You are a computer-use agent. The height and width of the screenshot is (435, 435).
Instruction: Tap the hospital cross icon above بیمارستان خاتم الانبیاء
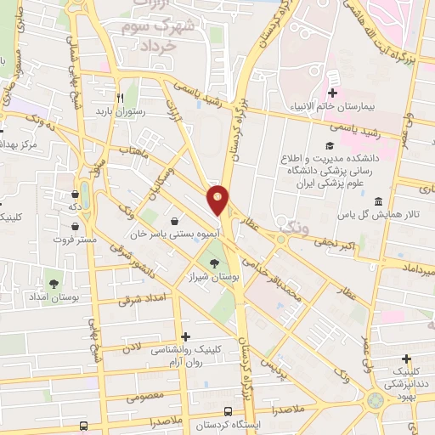pyautogui.click(x=332, y=93)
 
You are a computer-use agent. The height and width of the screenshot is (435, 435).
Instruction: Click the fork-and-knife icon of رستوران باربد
pyautogui.click(x=121, y=98)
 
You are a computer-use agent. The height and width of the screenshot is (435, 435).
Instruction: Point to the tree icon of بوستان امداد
pyautogui.click(x=54, y=283)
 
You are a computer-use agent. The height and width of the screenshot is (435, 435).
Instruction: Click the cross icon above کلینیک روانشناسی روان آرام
pyautogui.click(x=186, y=337)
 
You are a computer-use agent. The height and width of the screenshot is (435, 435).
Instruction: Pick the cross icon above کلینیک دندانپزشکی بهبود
pyautogui.click(x=406, y=359)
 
